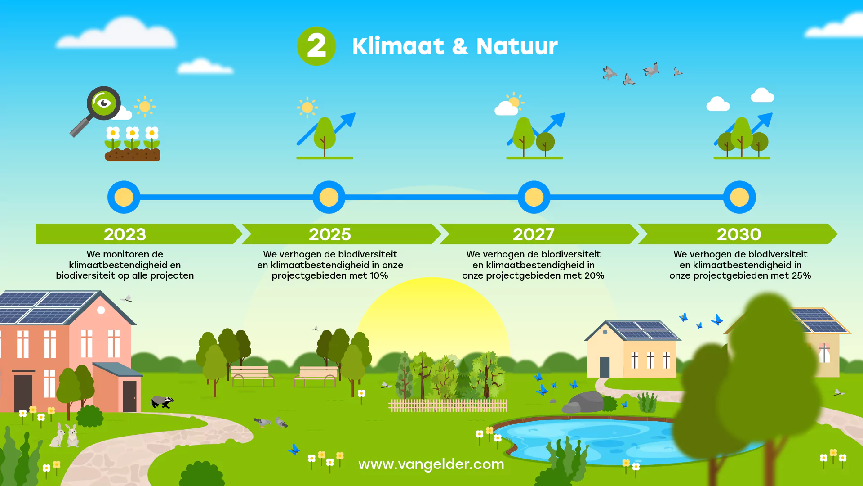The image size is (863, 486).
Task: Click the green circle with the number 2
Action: click(x=316, y=46)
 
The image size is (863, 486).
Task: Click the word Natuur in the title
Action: click(x=517, y=46)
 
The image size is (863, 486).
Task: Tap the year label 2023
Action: click(x=125, y=234)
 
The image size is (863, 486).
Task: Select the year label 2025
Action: click(x=329, y=234)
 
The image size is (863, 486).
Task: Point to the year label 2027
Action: click(x=534, y=234)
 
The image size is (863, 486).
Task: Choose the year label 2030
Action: click(x=739, y=234)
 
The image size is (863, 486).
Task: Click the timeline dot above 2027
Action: click(x=534, y=197)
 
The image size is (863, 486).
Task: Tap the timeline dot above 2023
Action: click(x=124, y=197)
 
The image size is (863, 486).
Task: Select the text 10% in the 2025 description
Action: click(x=379, y=275)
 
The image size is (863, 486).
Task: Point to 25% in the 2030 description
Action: click(x=801, y=275)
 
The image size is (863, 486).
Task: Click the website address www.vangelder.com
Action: click(x=431, y=464)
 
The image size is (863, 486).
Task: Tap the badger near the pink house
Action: click(x=162, y=401)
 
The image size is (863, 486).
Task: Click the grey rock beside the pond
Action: click(x=584, y=402)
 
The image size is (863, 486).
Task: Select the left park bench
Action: click(x=252, y=376)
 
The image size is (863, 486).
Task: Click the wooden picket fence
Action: click(x=448, y=405)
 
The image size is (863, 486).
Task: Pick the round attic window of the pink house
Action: click(x=101, y=310)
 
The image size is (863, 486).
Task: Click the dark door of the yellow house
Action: click(x=605, y=367)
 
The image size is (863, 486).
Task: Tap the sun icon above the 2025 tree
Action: click(x=307, y=108)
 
